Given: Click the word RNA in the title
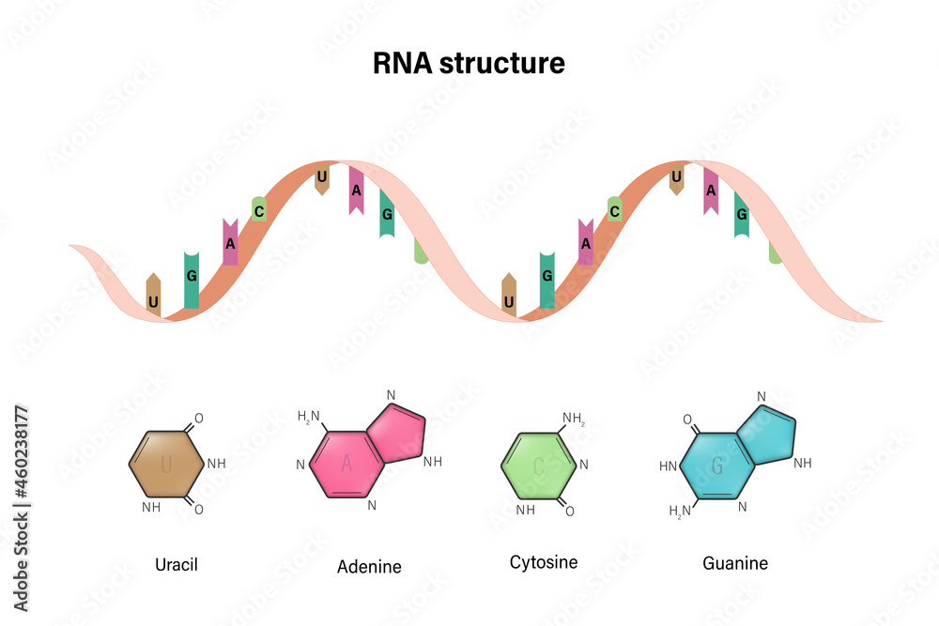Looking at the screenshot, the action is click(x=402, y=63).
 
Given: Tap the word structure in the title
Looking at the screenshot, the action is click(x=501, y=64).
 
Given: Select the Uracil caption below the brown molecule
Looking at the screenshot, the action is click(x=177, y=564).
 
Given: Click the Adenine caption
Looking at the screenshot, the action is click(x=369, y=566).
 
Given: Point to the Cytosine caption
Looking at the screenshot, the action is click(x=544, y=562).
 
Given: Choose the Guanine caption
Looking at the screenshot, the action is click(x=735, y=563).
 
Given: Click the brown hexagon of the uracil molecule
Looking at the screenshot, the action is click(x=166, y=464).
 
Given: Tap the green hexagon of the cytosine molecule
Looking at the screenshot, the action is click(x=538, y=466).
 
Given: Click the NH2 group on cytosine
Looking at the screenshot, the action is click(x=574, y=419).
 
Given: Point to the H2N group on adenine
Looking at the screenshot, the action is click(x=309, y=417).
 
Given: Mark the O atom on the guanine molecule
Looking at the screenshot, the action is click(x=687, y=420).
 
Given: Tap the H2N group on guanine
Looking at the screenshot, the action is click(x=680, y=511).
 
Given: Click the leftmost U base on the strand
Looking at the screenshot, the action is click(x=153, y=295).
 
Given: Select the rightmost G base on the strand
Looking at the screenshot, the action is click(x=742, y=214).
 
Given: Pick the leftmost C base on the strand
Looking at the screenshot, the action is click(x=259, y=209).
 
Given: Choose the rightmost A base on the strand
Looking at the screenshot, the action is click(x=711, y=191).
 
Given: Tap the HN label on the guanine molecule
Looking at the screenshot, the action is click(x=669, y=466).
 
